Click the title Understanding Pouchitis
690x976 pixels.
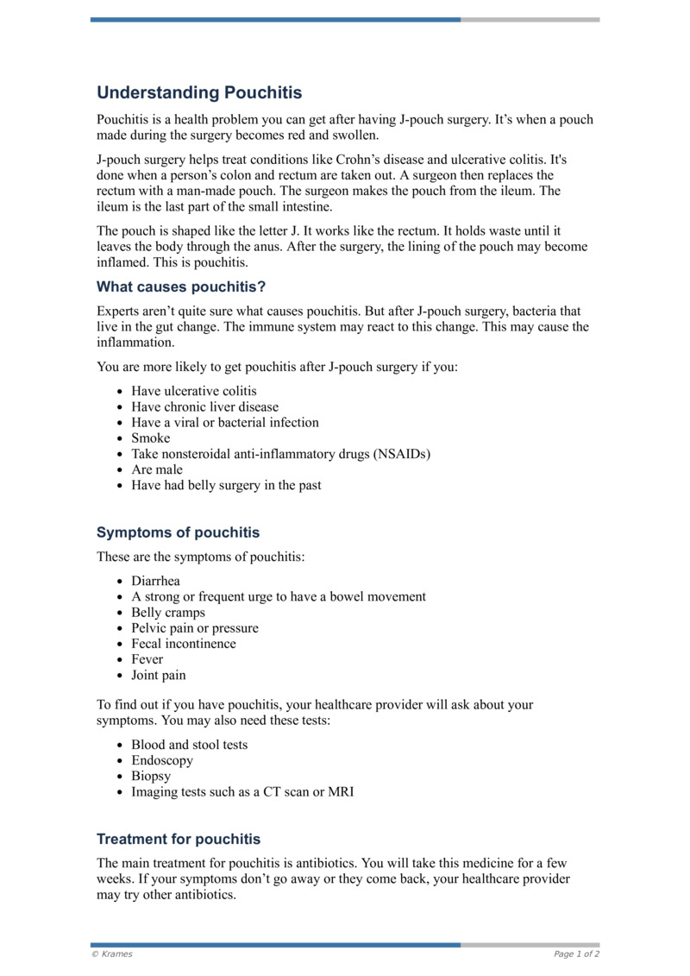(x=199, y=92)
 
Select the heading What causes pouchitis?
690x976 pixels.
(x=181, y=287)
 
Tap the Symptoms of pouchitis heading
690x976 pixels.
(x=178, y=532)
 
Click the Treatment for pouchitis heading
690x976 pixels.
(x=179, y=839)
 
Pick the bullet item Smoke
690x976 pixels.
(x=151, y=438)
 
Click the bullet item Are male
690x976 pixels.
(x=157, y=469)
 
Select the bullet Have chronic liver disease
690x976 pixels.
(x=204, y=406)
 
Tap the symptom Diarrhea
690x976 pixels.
(x=155, y=582)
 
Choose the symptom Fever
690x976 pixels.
(x=147, y=659)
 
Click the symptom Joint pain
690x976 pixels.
(x=158, y=675)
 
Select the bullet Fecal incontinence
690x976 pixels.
(x=183, y=644)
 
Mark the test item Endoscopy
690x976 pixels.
(x=162, y=760)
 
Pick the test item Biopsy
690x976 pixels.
(x=151, y=776)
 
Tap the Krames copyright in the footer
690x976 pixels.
(x=111, y=954)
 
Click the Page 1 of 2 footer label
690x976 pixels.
(x=576, y=954)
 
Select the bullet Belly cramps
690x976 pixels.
(x=168, y=613)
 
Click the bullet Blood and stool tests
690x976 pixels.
(x=189, y=745)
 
